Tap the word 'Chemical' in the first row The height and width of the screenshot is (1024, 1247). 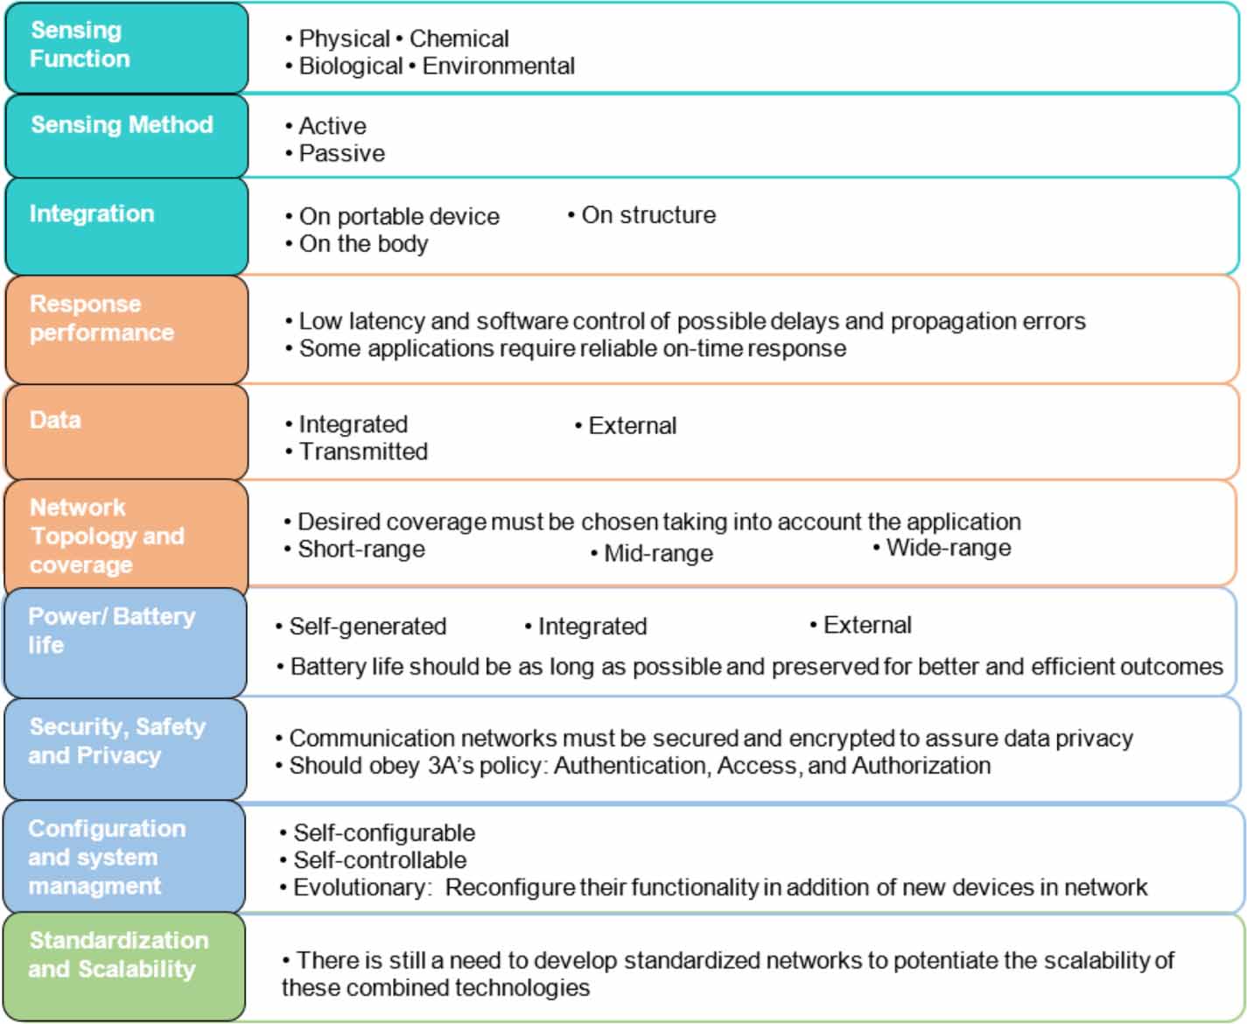(x=459, y=39)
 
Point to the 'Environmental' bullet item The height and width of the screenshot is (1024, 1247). (x=498, y=67)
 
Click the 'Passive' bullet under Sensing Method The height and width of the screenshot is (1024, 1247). (x=341, y=154)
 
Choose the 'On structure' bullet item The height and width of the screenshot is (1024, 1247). (x=648, y=215)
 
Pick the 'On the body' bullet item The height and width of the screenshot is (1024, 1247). (x=363, y=244)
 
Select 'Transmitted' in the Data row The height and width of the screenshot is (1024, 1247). (x=363, y=452)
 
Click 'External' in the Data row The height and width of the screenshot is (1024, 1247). (x=632, y=426)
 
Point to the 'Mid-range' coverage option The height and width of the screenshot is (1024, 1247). (x=658, y=554)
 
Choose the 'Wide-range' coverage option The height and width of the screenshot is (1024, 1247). (x=948, y=549)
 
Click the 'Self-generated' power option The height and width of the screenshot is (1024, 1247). (x=368, y=627)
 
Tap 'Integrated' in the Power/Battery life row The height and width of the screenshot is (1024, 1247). (x=592, y=627)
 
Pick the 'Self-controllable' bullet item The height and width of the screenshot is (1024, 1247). (x=379, y=860)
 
